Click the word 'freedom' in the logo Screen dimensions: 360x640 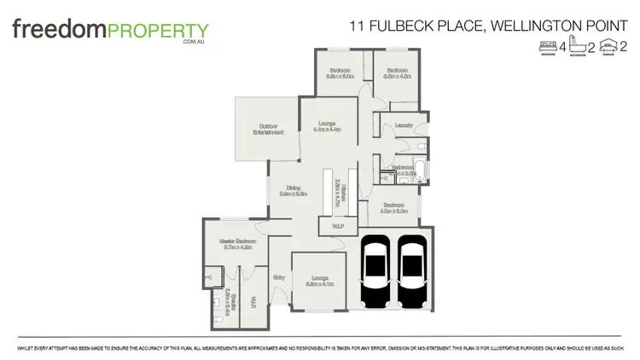tap(57, 31)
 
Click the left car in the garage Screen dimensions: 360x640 tap(375, 270)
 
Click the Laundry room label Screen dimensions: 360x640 tap(404, 126)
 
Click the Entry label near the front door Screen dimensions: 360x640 tap(278, 277)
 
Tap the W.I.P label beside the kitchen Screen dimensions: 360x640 tap(332, 226)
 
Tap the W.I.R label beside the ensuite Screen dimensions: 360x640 tap(253, 301)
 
